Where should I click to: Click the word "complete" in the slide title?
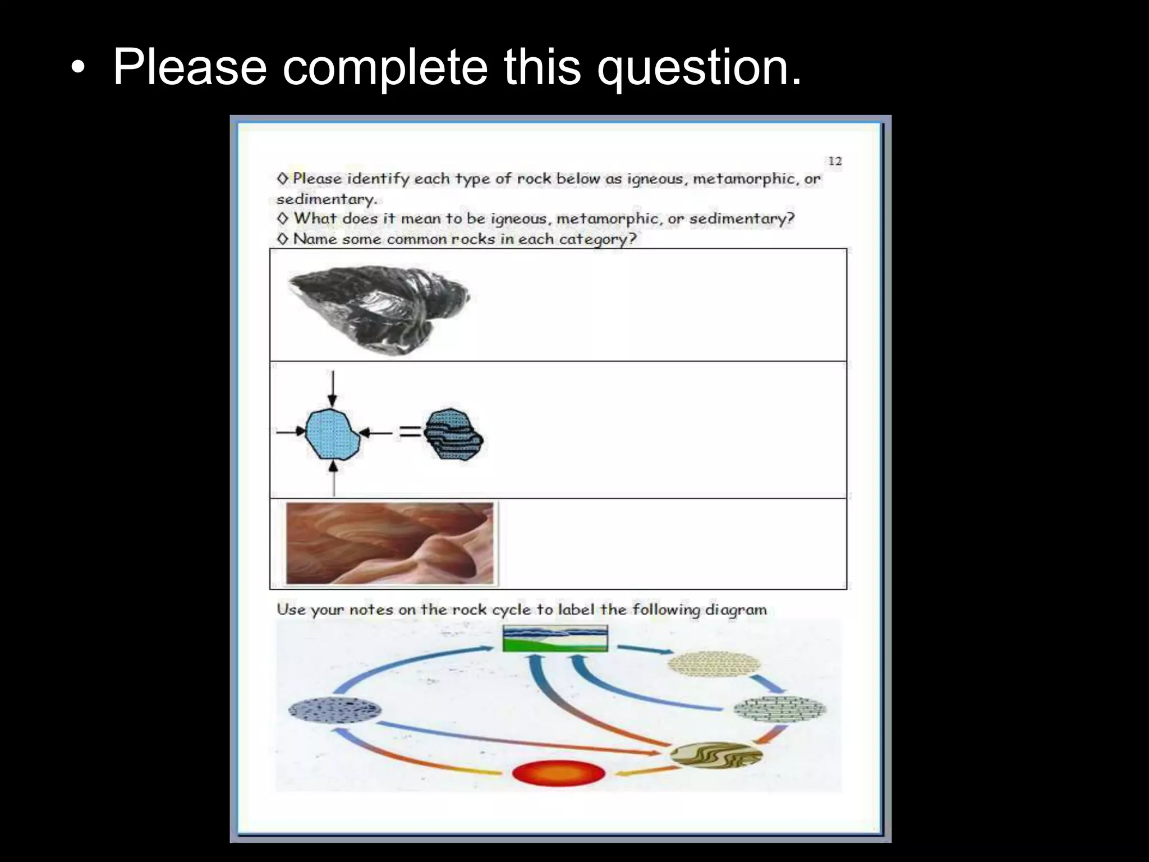385,67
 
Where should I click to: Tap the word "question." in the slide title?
699,67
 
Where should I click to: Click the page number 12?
835,162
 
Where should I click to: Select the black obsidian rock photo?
379,309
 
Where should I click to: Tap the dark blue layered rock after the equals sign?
453,433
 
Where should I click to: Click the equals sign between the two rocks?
410,432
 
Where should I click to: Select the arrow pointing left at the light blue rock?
375,432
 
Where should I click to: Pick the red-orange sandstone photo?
389,543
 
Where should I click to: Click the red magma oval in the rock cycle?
559,774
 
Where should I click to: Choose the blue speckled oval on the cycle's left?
335,710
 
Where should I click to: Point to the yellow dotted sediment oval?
714,663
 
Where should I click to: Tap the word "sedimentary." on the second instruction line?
327,200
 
